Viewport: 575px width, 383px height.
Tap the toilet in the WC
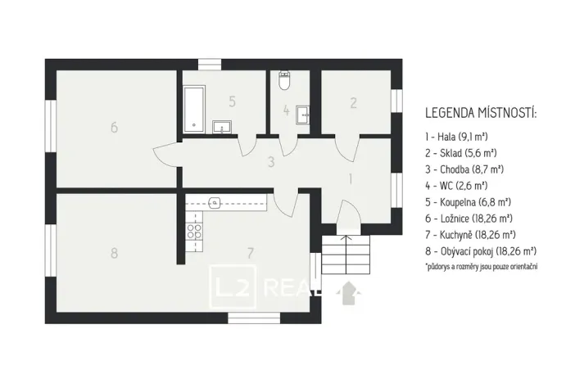click(x=283, y=80)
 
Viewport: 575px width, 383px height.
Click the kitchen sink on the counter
click(x=215, y=201)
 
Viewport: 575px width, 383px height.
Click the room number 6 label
click(x=115, y=127)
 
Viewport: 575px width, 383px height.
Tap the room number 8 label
click(x=114, y=253)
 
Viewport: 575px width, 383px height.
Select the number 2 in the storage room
click(x=353, y=103)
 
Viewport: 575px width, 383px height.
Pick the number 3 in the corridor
click(x=269, y=161)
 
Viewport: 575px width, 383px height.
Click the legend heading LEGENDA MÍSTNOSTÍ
click(x=481, y=112)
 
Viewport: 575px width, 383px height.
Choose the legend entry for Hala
click(x=456, y=137)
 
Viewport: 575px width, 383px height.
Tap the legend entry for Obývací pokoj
click(x=481, y=250)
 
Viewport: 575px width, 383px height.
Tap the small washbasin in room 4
click(x=302, y=112)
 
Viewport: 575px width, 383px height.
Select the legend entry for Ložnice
click(x=469, y=218)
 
